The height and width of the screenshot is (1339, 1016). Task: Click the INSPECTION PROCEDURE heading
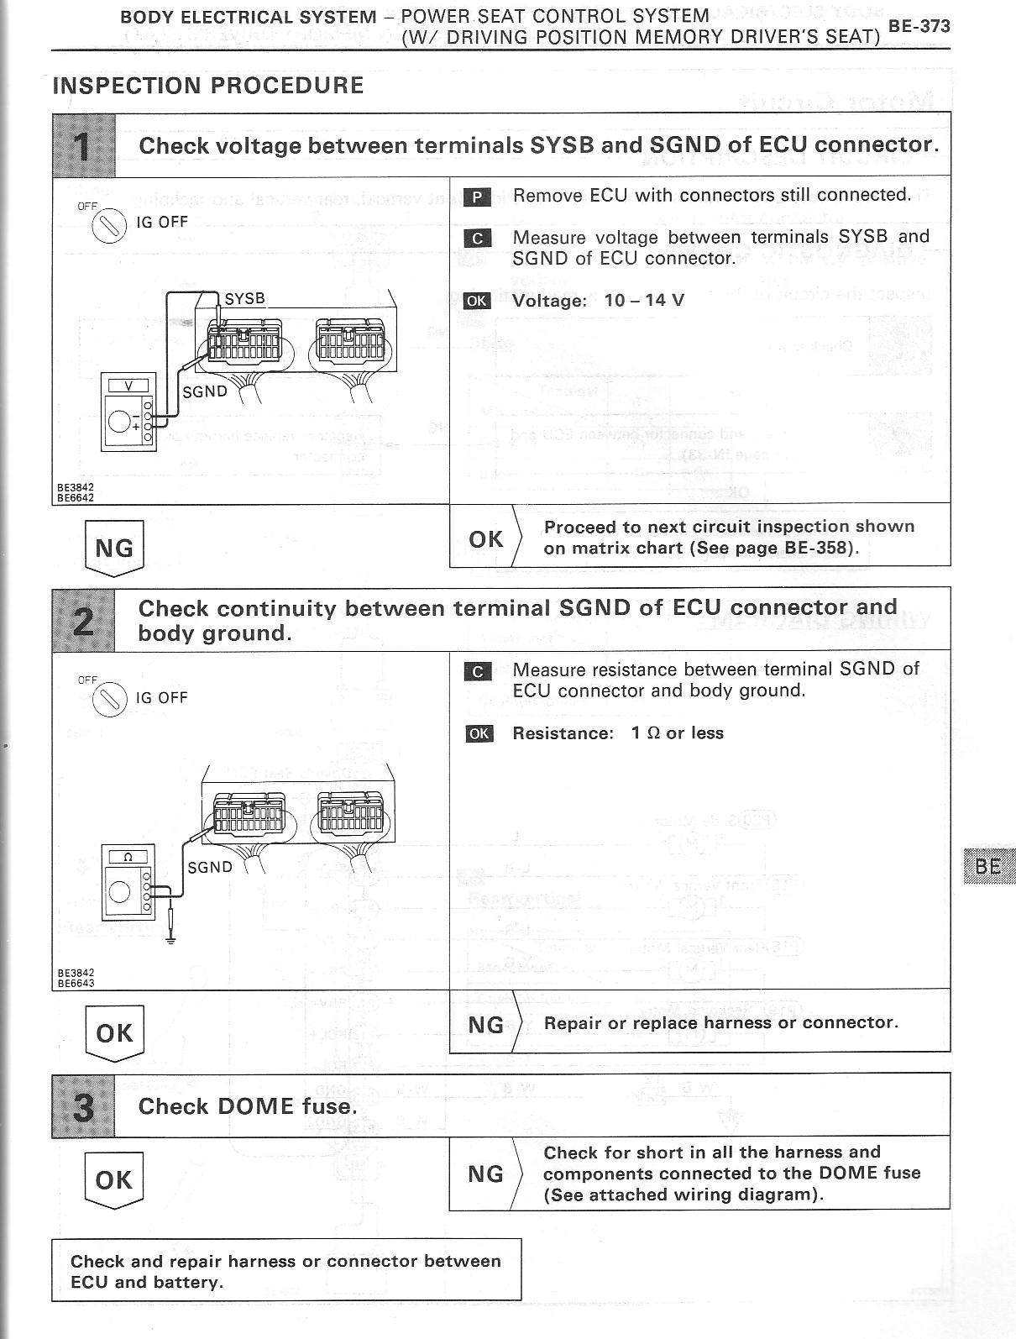(208, 86)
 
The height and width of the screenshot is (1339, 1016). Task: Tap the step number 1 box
(83, 144)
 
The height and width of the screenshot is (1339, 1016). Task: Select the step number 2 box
(83, 619)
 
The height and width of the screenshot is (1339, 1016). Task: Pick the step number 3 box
(83, 1105)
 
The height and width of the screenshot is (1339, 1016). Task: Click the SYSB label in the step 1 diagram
(244, 298)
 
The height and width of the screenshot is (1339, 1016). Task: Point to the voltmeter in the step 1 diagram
(128, 412)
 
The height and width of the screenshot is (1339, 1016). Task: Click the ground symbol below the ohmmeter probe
(171, 938)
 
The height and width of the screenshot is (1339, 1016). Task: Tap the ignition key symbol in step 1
(109, 225)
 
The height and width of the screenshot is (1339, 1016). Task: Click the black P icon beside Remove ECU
(476, 197)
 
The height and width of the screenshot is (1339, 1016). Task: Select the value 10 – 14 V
(644, 301)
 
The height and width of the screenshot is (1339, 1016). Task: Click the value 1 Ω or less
(677, 733)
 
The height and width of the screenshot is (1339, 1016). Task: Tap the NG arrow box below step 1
(114, 549)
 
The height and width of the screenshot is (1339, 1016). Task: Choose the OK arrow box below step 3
(114, 1180)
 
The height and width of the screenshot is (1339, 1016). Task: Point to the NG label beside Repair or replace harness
(486, 1025)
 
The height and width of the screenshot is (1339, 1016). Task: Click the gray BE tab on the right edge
(989, 865)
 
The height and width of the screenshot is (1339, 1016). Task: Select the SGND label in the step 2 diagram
(210, 867)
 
